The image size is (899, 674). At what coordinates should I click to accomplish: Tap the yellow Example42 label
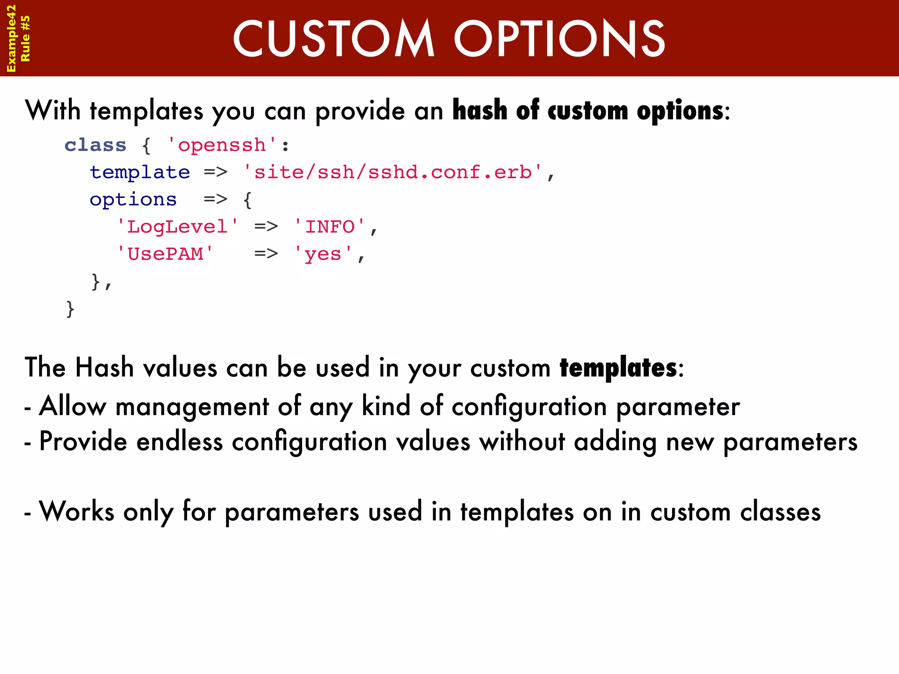11,39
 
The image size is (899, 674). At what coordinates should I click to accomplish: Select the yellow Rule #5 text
25,39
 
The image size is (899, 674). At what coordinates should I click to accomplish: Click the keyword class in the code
95,145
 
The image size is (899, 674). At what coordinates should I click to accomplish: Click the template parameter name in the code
140,172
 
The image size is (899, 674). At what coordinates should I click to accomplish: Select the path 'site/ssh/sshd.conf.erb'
393,172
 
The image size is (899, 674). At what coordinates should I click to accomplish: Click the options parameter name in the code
133,200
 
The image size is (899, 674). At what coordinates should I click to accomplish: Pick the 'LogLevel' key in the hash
177,227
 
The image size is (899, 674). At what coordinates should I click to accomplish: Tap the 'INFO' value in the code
329,227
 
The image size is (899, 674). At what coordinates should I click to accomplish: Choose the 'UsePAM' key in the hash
165,254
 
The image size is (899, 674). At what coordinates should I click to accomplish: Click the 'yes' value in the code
323,254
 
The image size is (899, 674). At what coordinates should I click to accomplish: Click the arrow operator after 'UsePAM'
266,254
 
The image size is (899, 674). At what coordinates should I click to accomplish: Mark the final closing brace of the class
70,309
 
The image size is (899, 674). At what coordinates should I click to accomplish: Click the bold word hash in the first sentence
480,110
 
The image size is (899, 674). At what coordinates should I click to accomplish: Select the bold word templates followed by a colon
618,368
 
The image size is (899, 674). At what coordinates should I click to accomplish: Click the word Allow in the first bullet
73,406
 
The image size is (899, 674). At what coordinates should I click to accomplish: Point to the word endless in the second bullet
180,441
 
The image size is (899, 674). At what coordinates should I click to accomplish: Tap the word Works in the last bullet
77,512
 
